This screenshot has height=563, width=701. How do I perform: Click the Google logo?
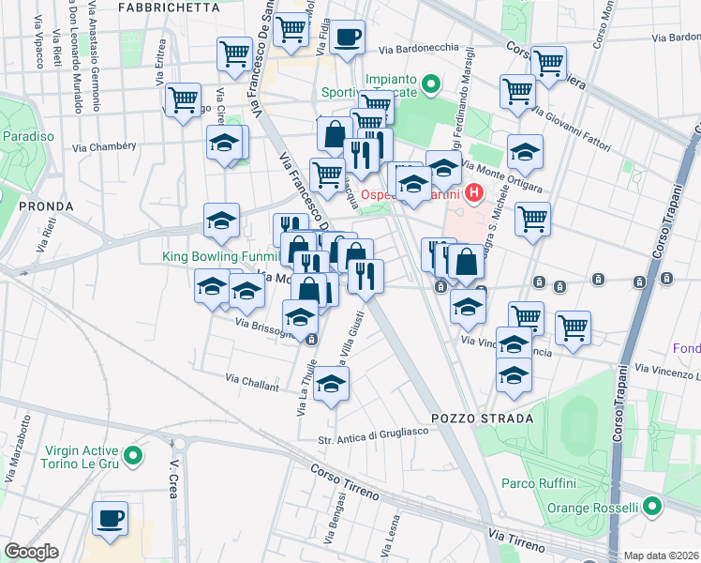31,552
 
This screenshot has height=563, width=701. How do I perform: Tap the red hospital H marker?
474,195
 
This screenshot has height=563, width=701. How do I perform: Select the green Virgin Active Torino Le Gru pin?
133,457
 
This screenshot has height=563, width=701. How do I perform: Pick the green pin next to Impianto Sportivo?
430,86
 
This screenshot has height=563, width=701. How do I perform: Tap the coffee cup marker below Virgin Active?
111,518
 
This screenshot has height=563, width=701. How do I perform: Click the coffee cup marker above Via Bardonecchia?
348,38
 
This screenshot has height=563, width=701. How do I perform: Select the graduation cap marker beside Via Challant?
332,384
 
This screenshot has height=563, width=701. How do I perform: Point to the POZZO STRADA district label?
483,418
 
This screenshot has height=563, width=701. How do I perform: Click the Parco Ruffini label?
538,483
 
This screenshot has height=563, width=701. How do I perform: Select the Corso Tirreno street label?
345,484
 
